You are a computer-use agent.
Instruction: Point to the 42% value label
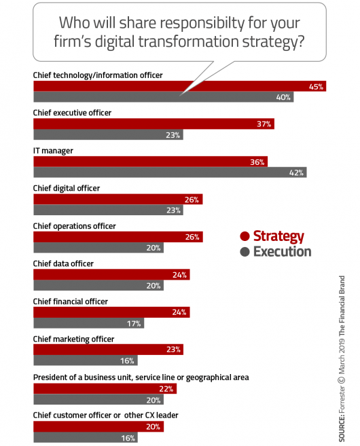point(296,172)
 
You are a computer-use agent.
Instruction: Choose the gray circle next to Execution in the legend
point(245,252)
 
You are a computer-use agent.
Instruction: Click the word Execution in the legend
point(282,252)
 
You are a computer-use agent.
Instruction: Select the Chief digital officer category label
point(67,188)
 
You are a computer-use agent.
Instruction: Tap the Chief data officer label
point(63,263)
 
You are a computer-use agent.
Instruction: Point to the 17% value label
point(134,323)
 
